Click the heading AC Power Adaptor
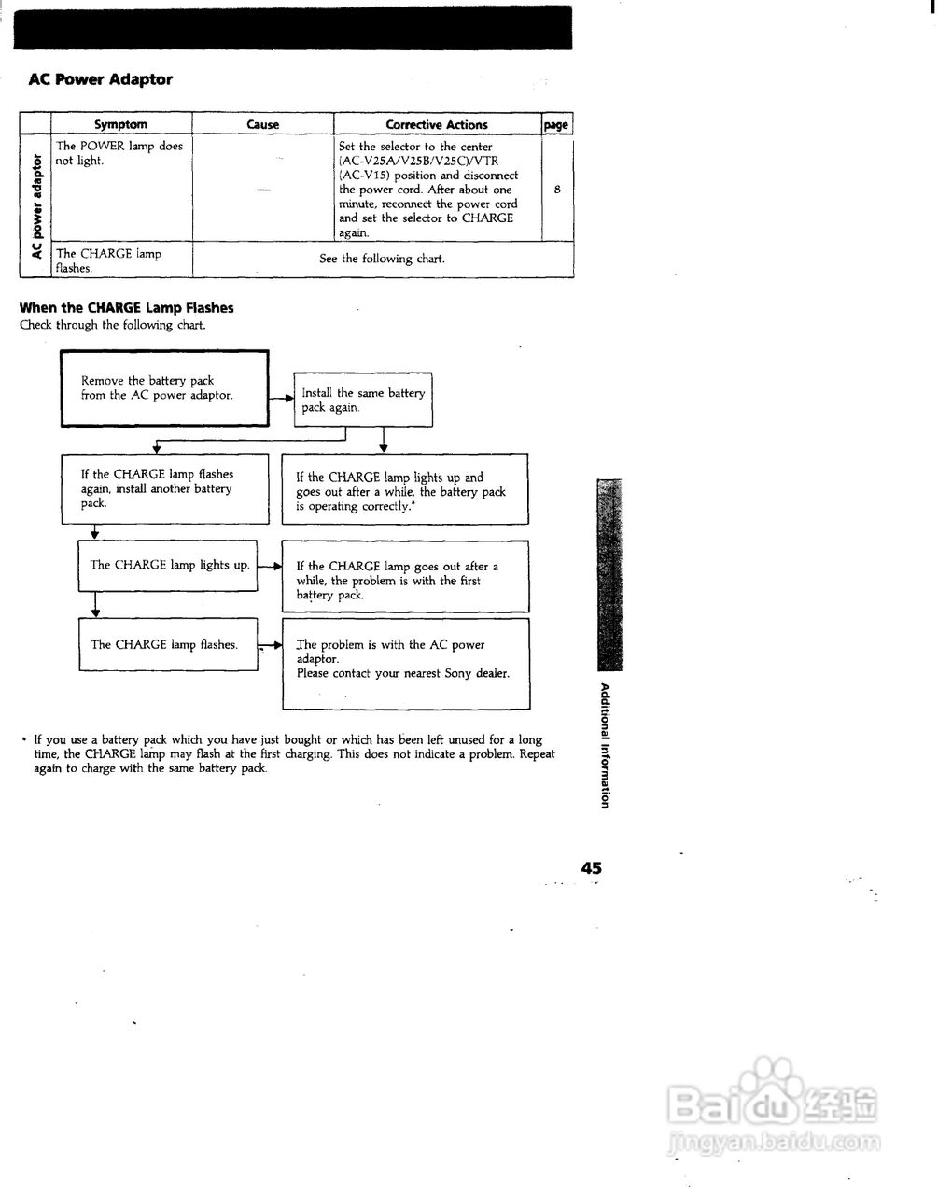(101, 79)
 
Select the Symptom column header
(120, 124)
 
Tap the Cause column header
(262, 124)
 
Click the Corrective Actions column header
(437, 124)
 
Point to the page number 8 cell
(557, 190)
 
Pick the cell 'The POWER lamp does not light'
(119, 153)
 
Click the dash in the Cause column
(262, 190)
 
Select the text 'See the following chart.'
(382, 259)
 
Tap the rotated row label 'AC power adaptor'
(36, 206)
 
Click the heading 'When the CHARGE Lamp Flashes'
(127, 308)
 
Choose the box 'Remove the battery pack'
(164, 388)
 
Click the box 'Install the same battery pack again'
(363, 400)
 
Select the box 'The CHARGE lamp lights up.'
(168, 565)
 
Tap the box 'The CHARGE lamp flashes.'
(167, 644)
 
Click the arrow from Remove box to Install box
(281, 398)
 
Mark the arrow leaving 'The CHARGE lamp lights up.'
(269, 566)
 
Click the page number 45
(591, 867)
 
